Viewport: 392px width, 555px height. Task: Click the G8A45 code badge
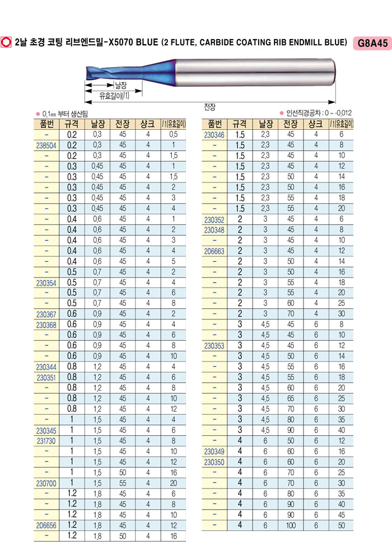[x=371, y=43]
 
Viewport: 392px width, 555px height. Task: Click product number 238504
[x=46, y=144]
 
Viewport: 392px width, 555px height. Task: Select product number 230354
[x=46, y=283]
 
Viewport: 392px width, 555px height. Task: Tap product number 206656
[x=46, y=525]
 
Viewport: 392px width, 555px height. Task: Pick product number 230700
[x=46, y=483]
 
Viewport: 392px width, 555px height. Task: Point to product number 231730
[x=46, y=441]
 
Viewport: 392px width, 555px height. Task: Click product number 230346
[x=214, y=135]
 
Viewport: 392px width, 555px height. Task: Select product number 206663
[x=214, y=251]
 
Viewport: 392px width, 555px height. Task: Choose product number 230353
[x=214, y=346]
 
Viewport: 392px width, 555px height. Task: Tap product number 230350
[x=214, y=462]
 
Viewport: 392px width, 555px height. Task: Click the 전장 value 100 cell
[x=290, y=525]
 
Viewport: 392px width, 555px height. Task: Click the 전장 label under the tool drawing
[x=209, y=107]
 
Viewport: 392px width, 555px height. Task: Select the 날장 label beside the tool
[x=120, y=85]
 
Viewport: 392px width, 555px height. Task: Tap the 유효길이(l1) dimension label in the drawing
[x=114, y=96]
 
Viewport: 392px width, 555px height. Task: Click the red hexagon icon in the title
[x=8, y=43]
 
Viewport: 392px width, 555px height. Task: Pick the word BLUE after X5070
[x=147, y=43]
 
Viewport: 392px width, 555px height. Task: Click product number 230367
[x=46, y=314]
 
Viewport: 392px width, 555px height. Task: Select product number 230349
[x=214, y=451]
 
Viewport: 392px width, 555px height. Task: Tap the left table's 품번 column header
[x=46, y=124]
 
